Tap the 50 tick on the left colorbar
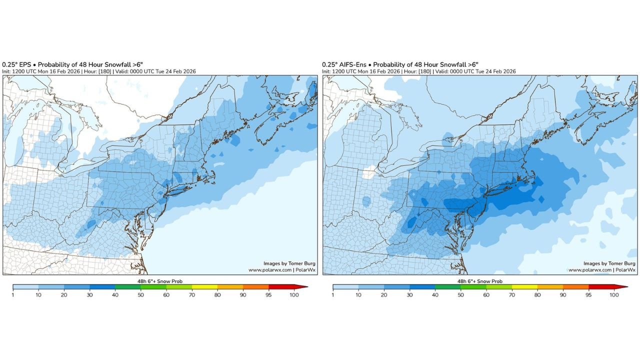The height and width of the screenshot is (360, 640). click(140, 294)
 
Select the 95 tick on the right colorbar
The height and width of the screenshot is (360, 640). click(588, 294)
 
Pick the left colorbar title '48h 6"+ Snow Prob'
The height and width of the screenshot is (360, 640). click(159, 281)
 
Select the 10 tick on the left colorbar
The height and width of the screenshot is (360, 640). click(38, 294)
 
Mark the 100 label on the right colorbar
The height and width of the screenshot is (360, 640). click(614, 295)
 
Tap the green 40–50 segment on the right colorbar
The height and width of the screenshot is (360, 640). click(448, 287)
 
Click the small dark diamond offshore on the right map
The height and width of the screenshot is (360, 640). click(541, 199)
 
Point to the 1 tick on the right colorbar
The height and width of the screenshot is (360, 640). click(333, 294)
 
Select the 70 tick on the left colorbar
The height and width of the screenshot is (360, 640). click(191, 294)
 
